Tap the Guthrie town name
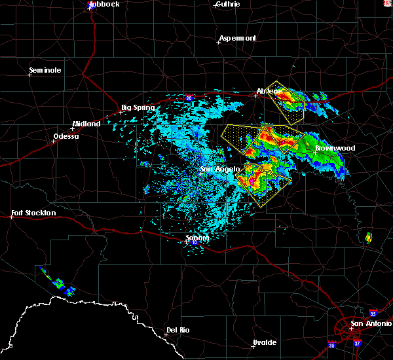point(228,5)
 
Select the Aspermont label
point(238,38)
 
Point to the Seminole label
point(45,70)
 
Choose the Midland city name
point(86,124)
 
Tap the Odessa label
point(65,136)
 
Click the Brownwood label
point(335,148)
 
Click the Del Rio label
point(178,330)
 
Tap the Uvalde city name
point(265,342)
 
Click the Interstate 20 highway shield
point(189,97)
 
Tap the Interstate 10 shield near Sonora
point(194,243)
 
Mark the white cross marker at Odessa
point(54,139)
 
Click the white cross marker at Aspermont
point(218,42)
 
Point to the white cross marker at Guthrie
point(215,5)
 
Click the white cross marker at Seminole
point(29,75)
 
